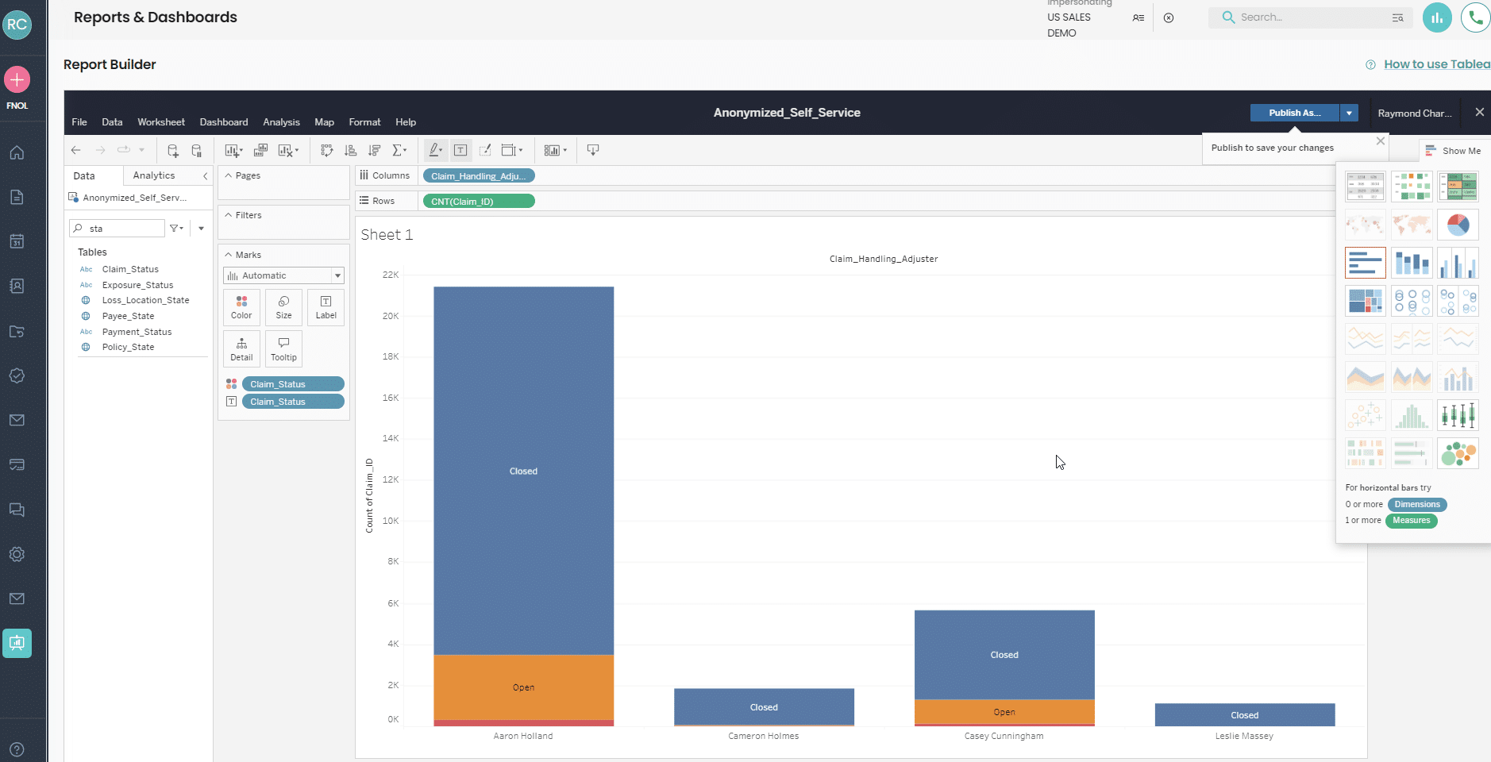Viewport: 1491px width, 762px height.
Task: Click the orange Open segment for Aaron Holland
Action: [523, 687]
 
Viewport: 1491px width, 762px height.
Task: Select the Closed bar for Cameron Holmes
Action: [764, 706]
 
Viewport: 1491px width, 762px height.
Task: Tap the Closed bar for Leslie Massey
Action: [1244, 714]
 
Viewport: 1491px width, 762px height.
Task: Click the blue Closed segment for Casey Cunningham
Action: [1004, 654]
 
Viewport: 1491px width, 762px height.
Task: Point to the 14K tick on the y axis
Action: [391, 438]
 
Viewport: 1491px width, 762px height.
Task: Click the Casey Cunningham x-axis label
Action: [1004, 736]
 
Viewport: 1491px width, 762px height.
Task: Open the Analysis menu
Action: [281, 122]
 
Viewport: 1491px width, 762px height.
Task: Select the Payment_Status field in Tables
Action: [137, 332]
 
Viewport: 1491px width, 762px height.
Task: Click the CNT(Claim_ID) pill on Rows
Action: [479, 202]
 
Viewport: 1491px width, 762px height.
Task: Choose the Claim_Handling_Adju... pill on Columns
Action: [479, 176]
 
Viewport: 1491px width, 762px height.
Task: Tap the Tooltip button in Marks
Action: [283, 348]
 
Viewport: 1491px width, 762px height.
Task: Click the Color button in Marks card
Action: [241, 307]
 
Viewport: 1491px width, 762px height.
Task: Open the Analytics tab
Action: [154, 175]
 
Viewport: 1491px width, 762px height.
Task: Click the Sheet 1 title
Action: [387, 234]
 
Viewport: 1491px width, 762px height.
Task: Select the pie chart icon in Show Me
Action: [1458, 225]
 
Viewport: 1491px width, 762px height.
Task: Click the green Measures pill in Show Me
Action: [1411, 521]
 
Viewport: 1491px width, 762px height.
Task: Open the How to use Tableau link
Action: [1436, 64]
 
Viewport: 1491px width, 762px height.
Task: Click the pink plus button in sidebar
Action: [17, 79]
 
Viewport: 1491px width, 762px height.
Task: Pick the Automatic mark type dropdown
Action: [283, 275]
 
